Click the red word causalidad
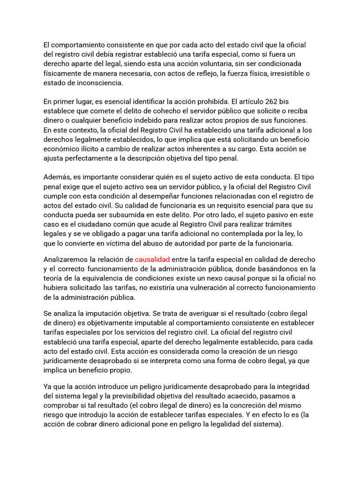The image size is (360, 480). pos(152,259)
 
